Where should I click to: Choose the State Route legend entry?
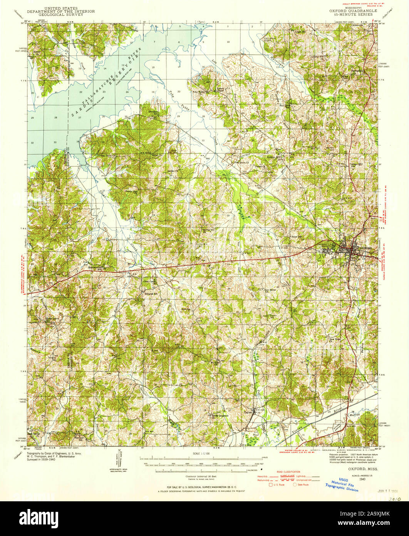[x=302, y=485]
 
